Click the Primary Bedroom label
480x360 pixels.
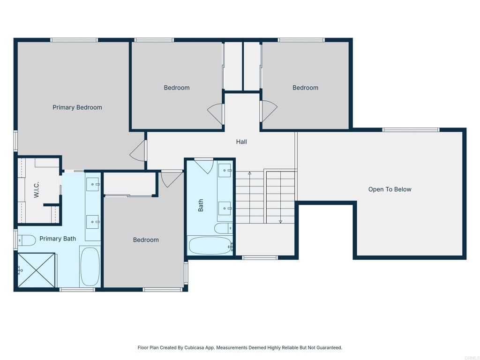(x=77, y=107)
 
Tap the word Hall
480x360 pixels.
(x=241, y=142)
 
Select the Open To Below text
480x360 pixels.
(x=390, y=189)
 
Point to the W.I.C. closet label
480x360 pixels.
(x=37, y=189)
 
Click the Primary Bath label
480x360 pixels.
(x=57, y=239)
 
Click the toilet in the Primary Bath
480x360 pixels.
(x=27, y=240)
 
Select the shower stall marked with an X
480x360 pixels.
(x=37, y=270)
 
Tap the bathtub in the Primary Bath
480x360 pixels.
(x=90, y=266)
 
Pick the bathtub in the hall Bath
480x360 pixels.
(x=210, y=245)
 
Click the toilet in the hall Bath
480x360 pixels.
(x=223, y=228)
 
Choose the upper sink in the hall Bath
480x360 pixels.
(x=225, y=171)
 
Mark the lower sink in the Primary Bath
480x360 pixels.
(x=92, y=221)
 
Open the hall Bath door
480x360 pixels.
(x=203, y=166)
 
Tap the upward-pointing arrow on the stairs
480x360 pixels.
(x=249, y=174)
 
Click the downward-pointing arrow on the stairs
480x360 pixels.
(x=280, y=220)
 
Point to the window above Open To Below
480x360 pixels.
(x=411, y=130)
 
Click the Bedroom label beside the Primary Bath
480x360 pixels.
(x=146, y=240)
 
